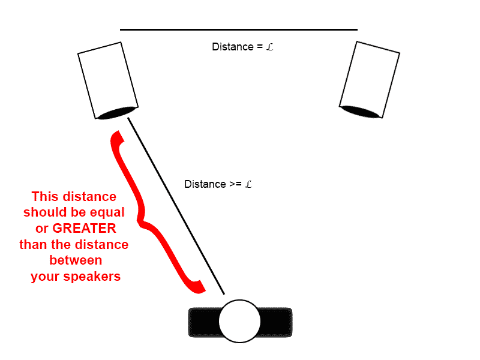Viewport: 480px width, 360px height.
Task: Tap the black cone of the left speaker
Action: pyautogui.click(x=117, y=113)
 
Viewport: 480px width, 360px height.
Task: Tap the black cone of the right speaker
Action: pyautogui.click(x=359, y=112)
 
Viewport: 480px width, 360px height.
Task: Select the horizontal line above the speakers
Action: pyautogui.click(x=238, y=29)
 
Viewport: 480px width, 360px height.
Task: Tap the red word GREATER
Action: pyautogui.click(x=84, y=229)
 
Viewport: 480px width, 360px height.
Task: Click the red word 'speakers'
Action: pyautogui.click(x=98, y=277)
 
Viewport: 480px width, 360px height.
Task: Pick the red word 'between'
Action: pyautogui.click(x=76, y=261)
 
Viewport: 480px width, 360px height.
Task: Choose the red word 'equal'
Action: pyautogui.click(x=106, y=212)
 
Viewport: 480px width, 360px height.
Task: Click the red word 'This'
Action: pyautogui.click(x=45, y=196)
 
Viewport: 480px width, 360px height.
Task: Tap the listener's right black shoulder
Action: pyautogui.click(x=277, y=322)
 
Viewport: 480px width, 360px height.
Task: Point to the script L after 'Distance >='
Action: pyautogui.click(x=248, y=184)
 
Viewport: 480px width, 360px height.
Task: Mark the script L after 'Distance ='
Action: pyautogui.click(x=269, y=47)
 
